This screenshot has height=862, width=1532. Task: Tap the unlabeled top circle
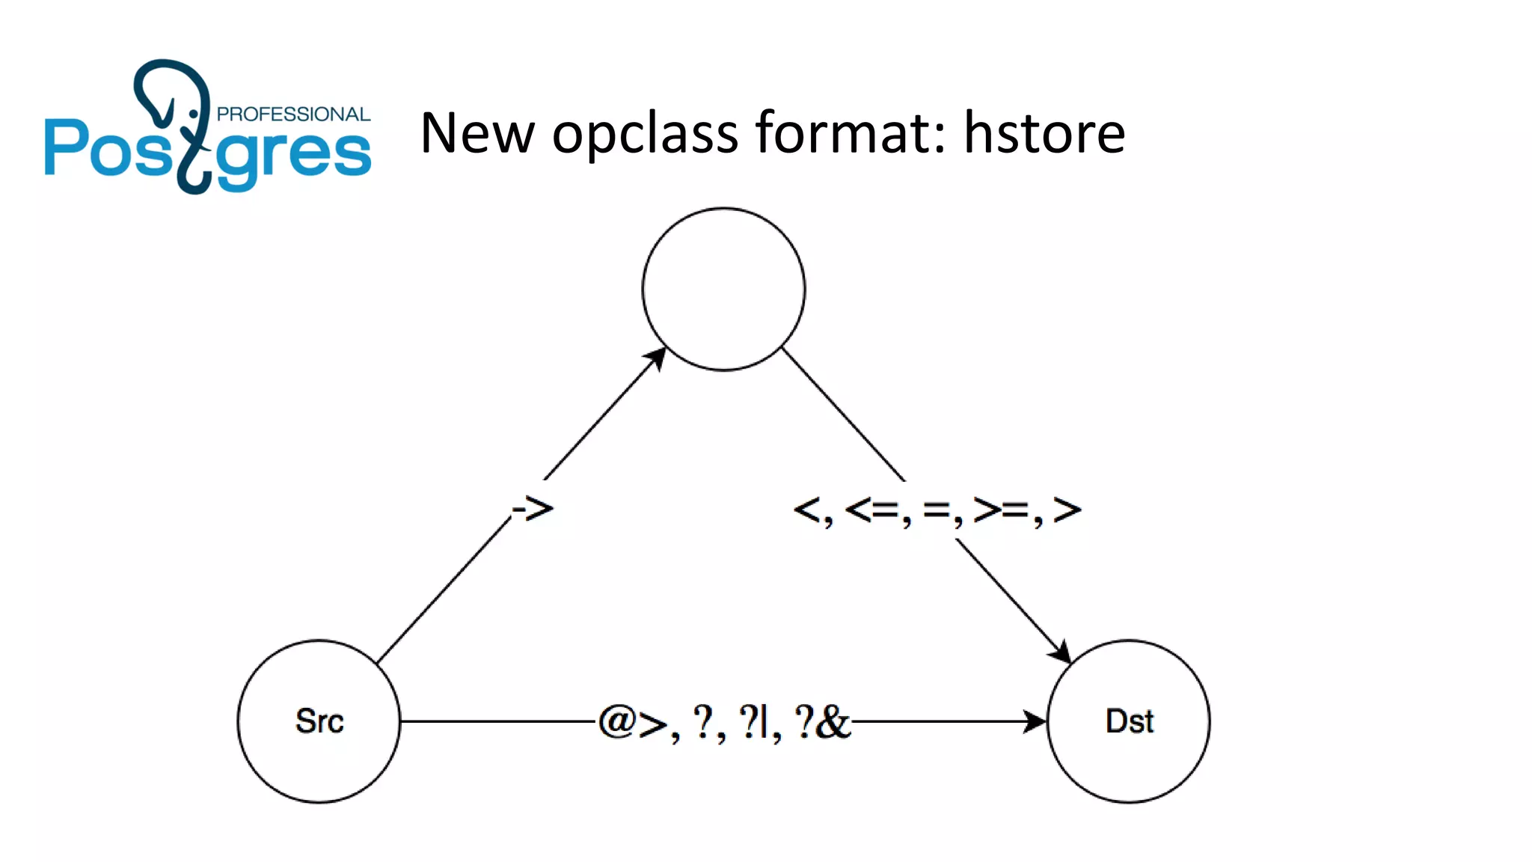pyautogui.click(x=723, y=289)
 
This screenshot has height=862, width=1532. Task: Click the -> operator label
pyautogui.click(x=533, y=510)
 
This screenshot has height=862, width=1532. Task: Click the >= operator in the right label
pyautogui.click(x=1002, y=510)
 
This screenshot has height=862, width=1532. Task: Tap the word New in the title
pyautogui.click(x=477, y=132)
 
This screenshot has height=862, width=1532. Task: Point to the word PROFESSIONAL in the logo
pyautogui.click(x=293, y=114)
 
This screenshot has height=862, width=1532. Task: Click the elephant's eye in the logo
pyautogui.click(x=194, y=114)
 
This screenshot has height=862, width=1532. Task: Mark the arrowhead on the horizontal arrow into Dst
pyautogui.click(x=1035, y=721)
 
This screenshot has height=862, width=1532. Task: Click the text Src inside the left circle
pyautogui.click(x=319, y=721)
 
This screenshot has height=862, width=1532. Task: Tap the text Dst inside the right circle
pyautogui.click(x=1129, y=721)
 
